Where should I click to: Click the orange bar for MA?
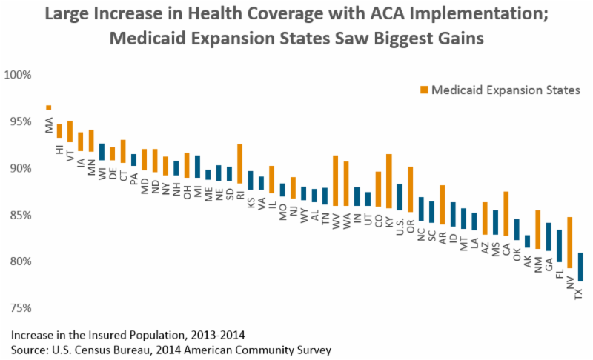(x=49, y=107)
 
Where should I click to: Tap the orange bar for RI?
(x=240, y=163)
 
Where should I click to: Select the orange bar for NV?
(x=570, y=242)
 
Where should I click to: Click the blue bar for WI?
(x=102, y=151)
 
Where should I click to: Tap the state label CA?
(x=506, y=249)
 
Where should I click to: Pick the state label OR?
(x=410, y=224)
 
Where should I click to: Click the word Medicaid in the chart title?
(x=145, y=39)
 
